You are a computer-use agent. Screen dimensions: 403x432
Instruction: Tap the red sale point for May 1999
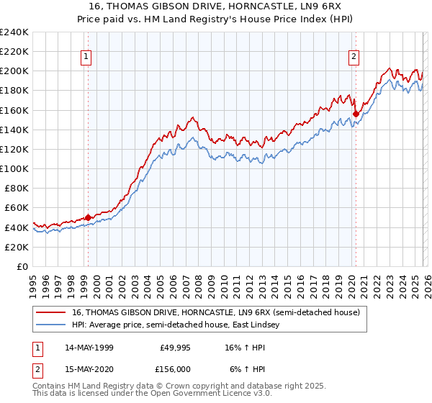tap(88, 217)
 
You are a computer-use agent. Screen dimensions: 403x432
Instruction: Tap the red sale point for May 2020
tap(356, 114)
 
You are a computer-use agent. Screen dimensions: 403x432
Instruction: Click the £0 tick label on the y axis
tap(22, 266)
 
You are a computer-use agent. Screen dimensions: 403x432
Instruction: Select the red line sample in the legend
tap(51, 312)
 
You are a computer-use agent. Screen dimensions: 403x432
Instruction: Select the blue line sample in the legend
tap(51, 325)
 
